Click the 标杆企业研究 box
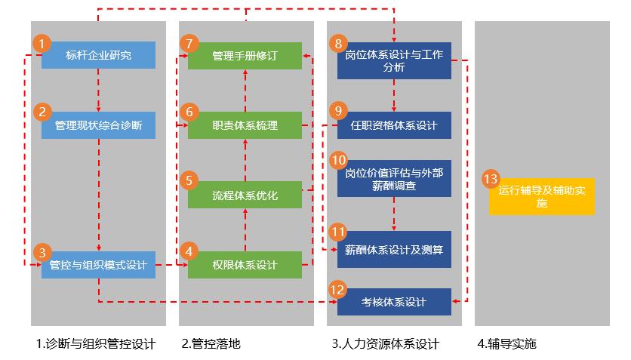pyautogui.click(x=98, y=55)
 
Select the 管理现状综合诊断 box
pyautogui.click(x=98, y=125)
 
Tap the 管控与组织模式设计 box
pyautogui.click(x=98, y=265)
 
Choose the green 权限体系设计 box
pyautogui.click(x=245, y=265)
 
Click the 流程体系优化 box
pyautogui.click(x=245, y=195)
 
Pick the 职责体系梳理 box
pyautogui.click(x=245, y=125)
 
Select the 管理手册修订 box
pyautogui.click(x=245, y=55)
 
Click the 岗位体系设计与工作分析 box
pyautogui.click(x=394, y=60)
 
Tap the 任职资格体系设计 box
pyautogui.click(x=394, y=125)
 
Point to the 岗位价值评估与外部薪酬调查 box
pyautogui.click(x=394, y=178)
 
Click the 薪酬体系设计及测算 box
pyautogui.click(x=394, y=249)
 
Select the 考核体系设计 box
pyautogui.click(x=394, y=302)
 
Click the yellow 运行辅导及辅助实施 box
pyautogui.click(x=541, y=196)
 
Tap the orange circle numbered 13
pyautogui.click(x=491, y=179)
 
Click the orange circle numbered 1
pyautogui.click(x=44, y=42)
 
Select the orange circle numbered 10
pyautogui.click(x=339, y=160)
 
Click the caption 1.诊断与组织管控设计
pyautogui.click(x=96, y=344)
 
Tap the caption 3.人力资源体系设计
pyautogui.click(x=385, y=344)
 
